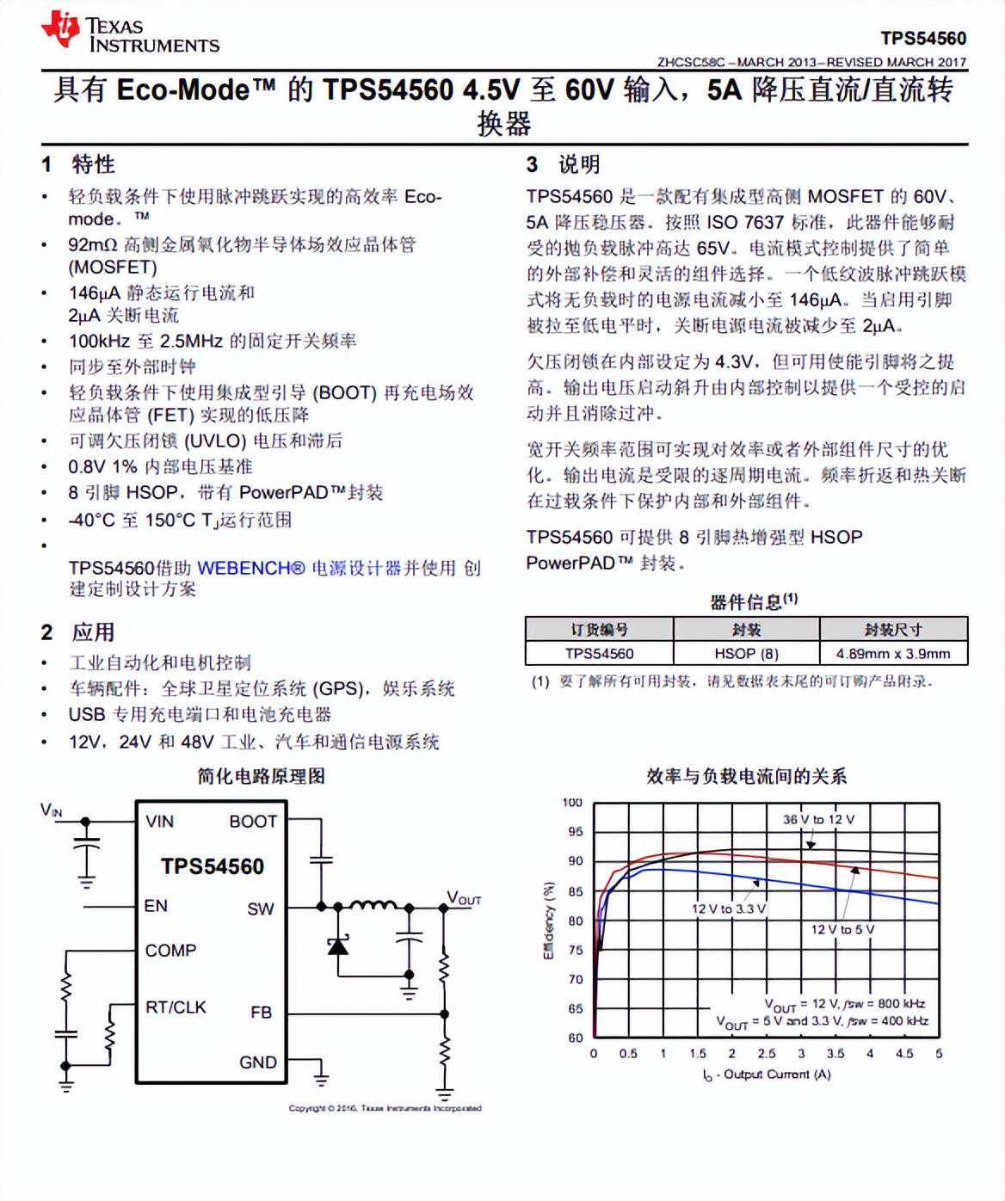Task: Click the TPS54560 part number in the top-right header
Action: [x=923, y=38]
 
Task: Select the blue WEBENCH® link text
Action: [x=251, y=568]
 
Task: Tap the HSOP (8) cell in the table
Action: [x=746, y=653]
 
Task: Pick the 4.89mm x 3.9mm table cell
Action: [x=893, y=653]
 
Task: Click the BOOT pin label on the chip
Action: [x=253, y=822]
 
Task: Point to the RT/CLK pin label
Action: [x=176, y=1007]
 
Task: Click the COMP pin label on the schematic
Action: [x=170, y=950]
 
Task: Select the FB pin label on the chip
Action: [x=261, y=1013]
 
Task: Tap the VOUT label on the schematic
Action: [x=463, y=898]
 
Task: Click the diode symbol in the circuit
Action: [x=338, y=946]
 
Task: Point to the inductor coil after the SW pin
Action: [x=372, y=905]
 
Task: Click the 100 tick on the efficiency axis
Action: [x=572, y=802]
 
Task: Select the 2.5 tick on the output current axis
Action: [x=767, y=1053]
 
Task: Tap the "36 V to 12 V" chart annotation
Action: [x=818, y=819]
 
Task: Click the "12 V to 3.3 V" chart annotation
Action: [x=728, y=908]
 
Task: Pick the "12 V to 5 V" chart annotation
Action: [x=842, y=929]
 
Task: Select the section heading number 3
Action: [x=532, y=164]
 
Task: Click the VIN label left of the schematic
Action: [x=52, y=810]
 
